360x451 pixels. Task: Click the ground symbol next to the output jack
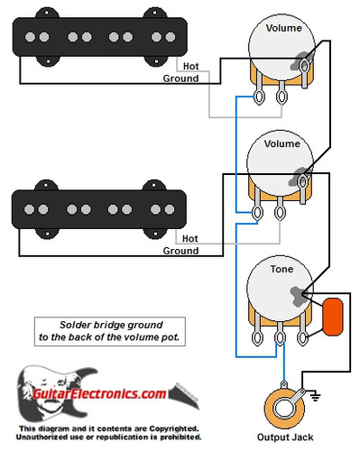click(x=315, y=394)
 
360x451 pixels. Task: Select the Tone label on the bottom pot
click(x=281, y=270)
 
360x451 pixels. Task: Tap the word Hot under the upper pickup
click(x=190, y=66)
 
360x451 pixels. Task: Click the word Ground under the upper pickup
click(x=180, y=78)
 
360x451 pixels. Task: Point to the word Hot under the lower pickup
click(x=190, y=238)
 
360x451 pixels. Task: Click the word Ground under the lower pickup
click(x=180, y=251)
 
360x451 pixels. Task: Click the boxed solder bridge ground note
click(x=107, y=331)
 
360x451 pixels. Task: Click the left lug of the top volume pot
click(x=260, y=97)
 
